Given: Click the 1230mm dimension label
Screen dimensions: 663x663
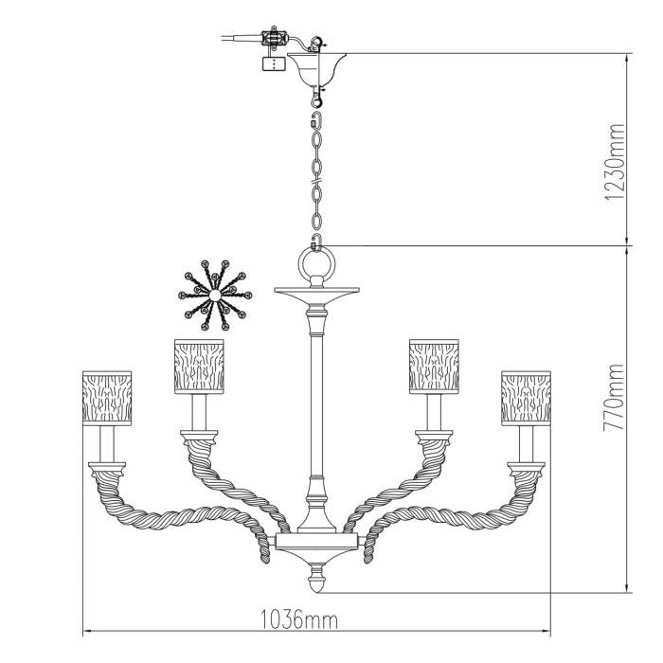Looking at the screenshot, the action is [x=614, y=162].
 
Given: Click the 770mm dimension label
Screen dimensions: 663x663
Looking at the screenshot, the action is [x=614, y=398].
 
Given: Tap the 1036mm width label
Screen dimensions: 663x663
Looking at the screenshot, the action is [x=298, y=620].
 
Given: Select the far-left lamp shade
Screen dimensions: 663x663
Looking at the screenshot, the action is [x=107, y=398].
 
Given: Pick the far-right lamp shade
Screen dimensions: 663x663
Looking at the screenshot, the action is [x=526, y=398].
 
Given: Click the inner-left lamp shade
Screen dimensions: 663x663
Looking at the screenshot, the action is [x=199, y=367].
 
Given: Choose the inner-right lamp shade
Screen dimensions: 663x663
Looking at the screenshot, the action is [x=434, y=367].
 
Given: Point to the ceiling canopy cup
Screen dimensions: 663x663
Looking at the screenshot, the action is [x=316, y=69].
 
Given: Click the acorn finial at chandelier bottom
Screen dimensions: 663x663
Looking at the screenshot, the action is [x=316, y=581].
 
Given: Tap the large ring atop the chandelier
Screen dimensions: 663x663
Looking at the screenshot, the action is [x=316, y=264].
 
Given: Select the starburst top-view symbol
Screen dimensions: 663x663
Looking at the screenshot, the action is [x=215, y=296].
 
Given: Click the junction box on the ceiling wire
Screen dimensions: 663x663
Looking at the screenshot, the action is [x=275, y=38].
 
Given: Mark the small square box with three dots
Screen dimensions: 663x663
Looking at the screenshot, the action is [x=274, y=63].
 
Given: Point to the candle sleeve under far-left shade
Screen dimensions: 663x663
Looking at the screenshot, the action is [x=107, y=443].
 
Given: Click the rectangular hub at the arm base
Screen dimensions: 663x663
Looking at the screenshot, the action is [x=316, y=541].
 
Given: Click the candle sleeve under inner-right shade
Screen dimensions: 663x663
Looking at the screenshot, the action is [x=434, y=412].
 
